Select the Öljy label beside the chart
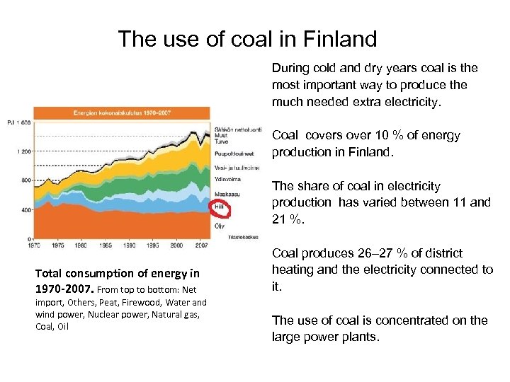(220, 225)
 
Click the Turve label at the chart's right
(221, 140)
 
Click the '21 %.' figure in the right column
(288, 219)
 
